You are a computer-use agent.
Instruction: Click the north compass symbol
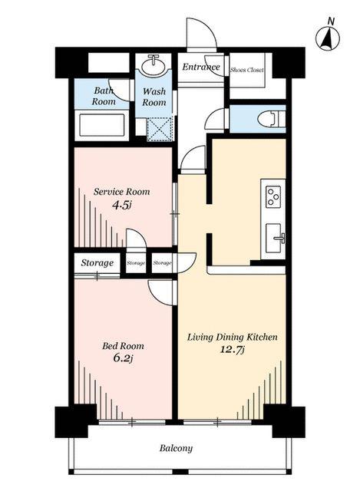[328, 38]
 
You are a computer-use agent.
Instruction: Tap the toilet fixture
[271, 119]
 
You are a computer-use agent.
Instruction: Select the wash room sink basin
[154, 65]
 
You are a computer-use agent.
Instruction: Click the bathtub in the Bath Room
[102, 125]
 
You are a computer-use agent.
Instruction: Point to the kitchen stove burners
[273, 196]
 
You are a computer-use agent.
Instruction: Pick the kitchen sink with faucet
[275, 239]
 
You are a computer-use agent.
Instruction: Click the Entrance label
[201, 67]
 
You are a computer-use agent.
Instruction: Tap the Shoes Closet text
[247, 70]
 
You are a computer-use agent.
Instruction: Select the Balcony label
[176, 448]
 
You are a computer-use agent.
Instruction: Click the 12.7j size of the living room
[232, 350]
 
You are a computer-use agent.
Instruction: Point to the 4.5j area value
[121, 205]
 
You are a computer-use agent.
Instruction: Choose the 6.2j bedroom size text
[123, 358]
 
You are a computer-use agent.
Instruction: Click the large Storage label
[97, 262]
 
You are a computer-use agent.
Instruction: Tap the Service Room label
[121, 191]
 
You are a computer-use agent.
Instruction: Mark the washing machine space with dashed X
[160, 130]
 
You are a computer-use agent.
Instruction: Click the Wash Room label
[154, 97]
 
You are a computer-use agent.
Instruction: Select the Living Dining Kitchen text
[232, 338]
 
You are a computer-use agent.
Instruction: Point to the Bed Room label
[123, 346]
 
